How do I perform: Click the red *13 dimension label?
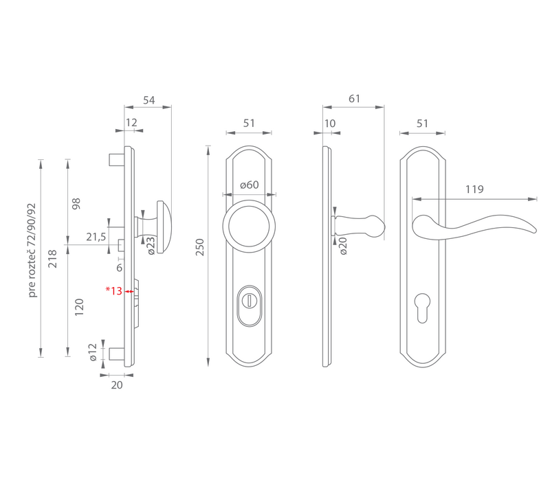114,290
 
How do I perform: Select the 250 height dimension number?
199,247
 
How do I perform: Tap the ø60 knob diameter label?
250,185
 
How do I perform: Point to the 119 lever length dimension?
474,189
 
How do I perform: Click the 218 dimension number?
52,259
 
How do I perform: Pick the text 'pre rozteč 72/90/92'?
32,250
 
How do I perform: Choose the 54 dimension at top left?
148,100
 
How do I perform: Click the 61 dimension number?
354,99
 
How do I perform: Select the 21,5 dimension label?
96,237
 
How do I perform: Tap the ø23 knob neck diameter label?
151,246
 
